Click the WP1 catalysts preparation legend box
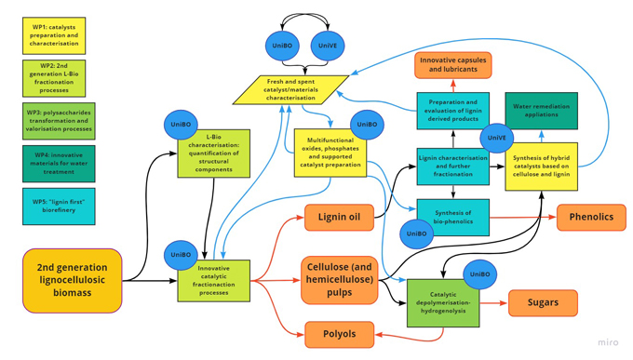tap(54, 35)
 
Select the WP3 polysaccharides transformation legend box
tap(58, 121)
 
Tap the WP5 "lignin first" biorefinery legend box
tap(58, 206)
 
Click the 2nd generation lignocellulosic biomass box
tap(73, 280)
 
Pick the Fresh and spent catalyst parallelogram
tap(290, 89)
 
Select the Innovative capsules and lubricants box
tap(452, 65)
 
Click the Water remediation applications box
tap(541, 111)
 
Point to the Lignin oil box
tap(339, 218)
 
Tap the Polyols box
tap(339, 334)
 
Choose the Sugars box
tap(543, 302)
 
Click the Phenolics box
tap(591, 218)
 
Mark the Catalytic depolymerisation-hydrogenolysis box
tap(443, 303)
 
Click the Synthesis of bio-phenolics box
tap(452, 216)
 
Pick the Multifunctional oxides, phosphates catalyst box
tap(330, 154)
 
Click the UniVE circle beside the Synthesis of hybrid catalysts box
tap(496, 138)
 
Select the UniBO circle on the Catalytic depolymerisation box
tap(479, 274)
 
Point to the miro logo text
tap(607, 342)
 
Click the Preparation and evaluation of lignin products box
tap(452, 111)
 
